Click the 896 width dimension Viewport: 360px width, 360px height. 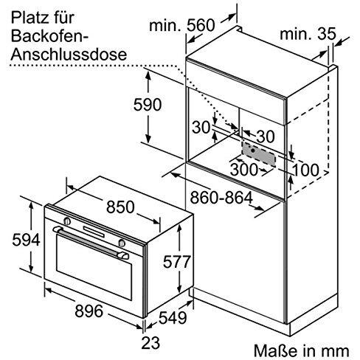point(89,311)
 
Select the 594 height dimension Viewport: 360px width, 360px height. point(26,240)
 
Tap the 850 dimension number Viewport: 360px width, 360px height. point(120,207)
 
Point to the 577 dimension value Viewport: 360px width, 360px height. point(177,262)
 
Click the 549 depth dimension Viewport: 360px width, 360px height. point(173,318)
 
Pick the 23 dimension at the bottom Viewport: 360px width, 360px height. point(150,343)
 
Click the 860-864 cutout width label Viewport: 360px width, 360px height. point(221,198)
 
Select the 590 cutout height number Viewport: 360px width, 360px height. point(148,104)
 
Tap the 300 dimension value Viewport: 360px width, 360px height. point(243,169)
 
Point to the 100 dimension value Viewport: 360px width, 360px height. point(306,170)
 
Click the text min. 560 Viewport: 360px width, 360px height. point(182,25)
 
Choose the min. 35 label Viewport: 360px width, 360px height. point(308,34)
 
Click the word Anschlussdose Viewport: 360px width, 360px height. point(69,54)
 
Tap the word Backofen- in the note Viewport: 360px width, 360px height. point(49,36)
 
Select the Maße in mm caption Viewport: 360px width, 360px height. point(302,350)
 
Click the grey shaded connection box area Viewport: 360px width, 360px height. point(258,154)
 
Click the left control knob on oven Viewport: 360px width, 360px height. point(67,221)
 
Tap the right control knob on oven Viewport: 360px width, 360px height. point(122,243)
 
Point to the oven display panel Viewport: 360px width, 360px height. point(94,232)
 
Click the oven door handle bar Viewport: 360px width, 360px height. point(91,243)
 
